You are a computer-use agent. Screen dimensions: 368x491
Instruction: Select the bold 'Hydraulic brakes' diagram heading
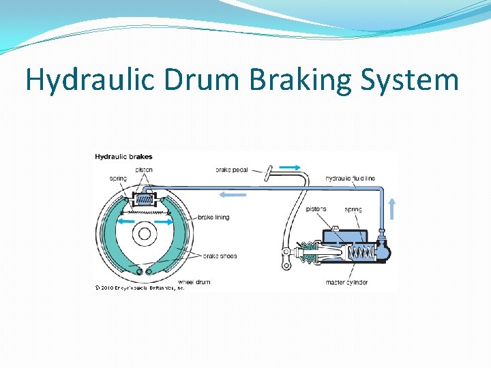pyautogui.click(x=123, y=157)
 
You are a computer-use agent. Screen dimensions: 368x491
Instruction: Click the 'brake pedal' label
pyautogui.click(x=232, y=170)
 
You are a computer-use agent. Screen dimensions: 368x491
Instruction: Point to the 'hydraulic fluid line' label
pyautogui.click(x=350, y=179)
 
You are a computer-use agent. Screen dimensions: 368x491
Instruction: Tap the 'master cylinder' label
pyautogui.click(x=346, y=281)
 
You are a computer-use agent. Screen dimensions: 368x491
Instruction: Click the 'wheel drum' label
pyautogui.click(x=194, y=281)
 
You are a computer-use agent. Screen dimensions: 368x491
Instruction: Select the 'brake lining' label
pyautogui.click(x=213, y=217)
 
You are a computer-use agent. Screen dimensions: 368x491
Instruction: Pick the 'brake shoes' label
pyautogui.click(x=220, y=256)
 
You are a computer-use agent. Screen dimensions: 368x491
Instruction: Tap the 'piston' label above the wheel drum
pyautogui.click(x=144, y=170)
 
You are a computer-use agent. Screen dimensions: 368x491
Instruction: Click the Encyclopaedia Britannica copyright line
pyautogui.click(x=139, y=288)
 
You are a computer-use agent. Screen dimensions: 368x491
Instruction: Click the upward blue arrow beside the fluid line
pyautogui.click(x=392, y=207)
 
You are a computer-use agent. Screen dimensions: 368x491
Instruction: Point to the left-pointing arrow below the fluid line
pyautogui.click(x=233, y=194)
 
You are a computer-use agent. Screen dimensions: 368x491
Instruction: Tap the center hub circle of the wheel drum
pyautogui.click(x=144, y=234)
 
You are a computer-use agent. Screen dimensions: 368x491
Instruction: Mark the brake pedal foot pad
pyautogui.click(x=270, y=170)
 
